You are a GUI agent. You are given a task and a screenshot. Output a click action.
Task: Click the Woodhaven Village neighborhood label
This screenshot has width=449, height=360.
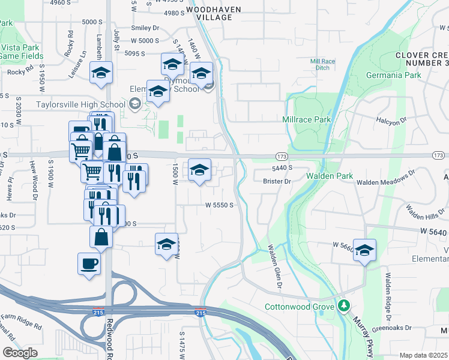[209, 14]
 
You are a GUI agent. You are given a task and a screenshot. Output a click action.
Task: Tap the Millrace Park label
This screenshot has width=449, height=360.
[307, 120]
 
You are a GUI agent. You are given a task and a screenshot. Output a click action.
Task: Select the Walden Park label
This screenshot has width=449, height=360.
[328, 176]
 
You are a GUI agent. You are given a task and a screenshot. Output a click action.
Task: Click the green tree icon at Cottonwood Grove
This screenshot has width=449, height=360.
[343, 306]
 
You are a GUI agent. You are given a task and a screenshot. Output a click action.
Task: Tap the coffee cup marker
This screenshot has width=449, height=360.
[89, 264]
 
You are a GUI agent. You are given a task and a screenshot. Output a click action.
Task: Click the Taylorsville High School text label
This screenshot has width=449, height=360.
[80, 104]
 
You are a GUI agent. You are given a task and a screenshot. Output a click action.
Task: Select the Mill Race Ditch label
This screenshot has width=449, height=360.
[324, 64]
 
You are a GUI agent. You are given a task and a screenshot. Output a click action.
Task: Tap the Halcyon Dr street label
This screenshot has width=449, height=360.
[391, 120]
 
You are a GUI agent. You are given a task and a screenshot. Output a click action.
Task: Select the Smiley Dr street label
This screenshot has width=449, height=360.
[146, 28]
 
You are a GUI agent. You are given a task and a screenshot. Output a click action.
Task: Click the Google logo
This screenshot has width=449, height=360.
[19, 353]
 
